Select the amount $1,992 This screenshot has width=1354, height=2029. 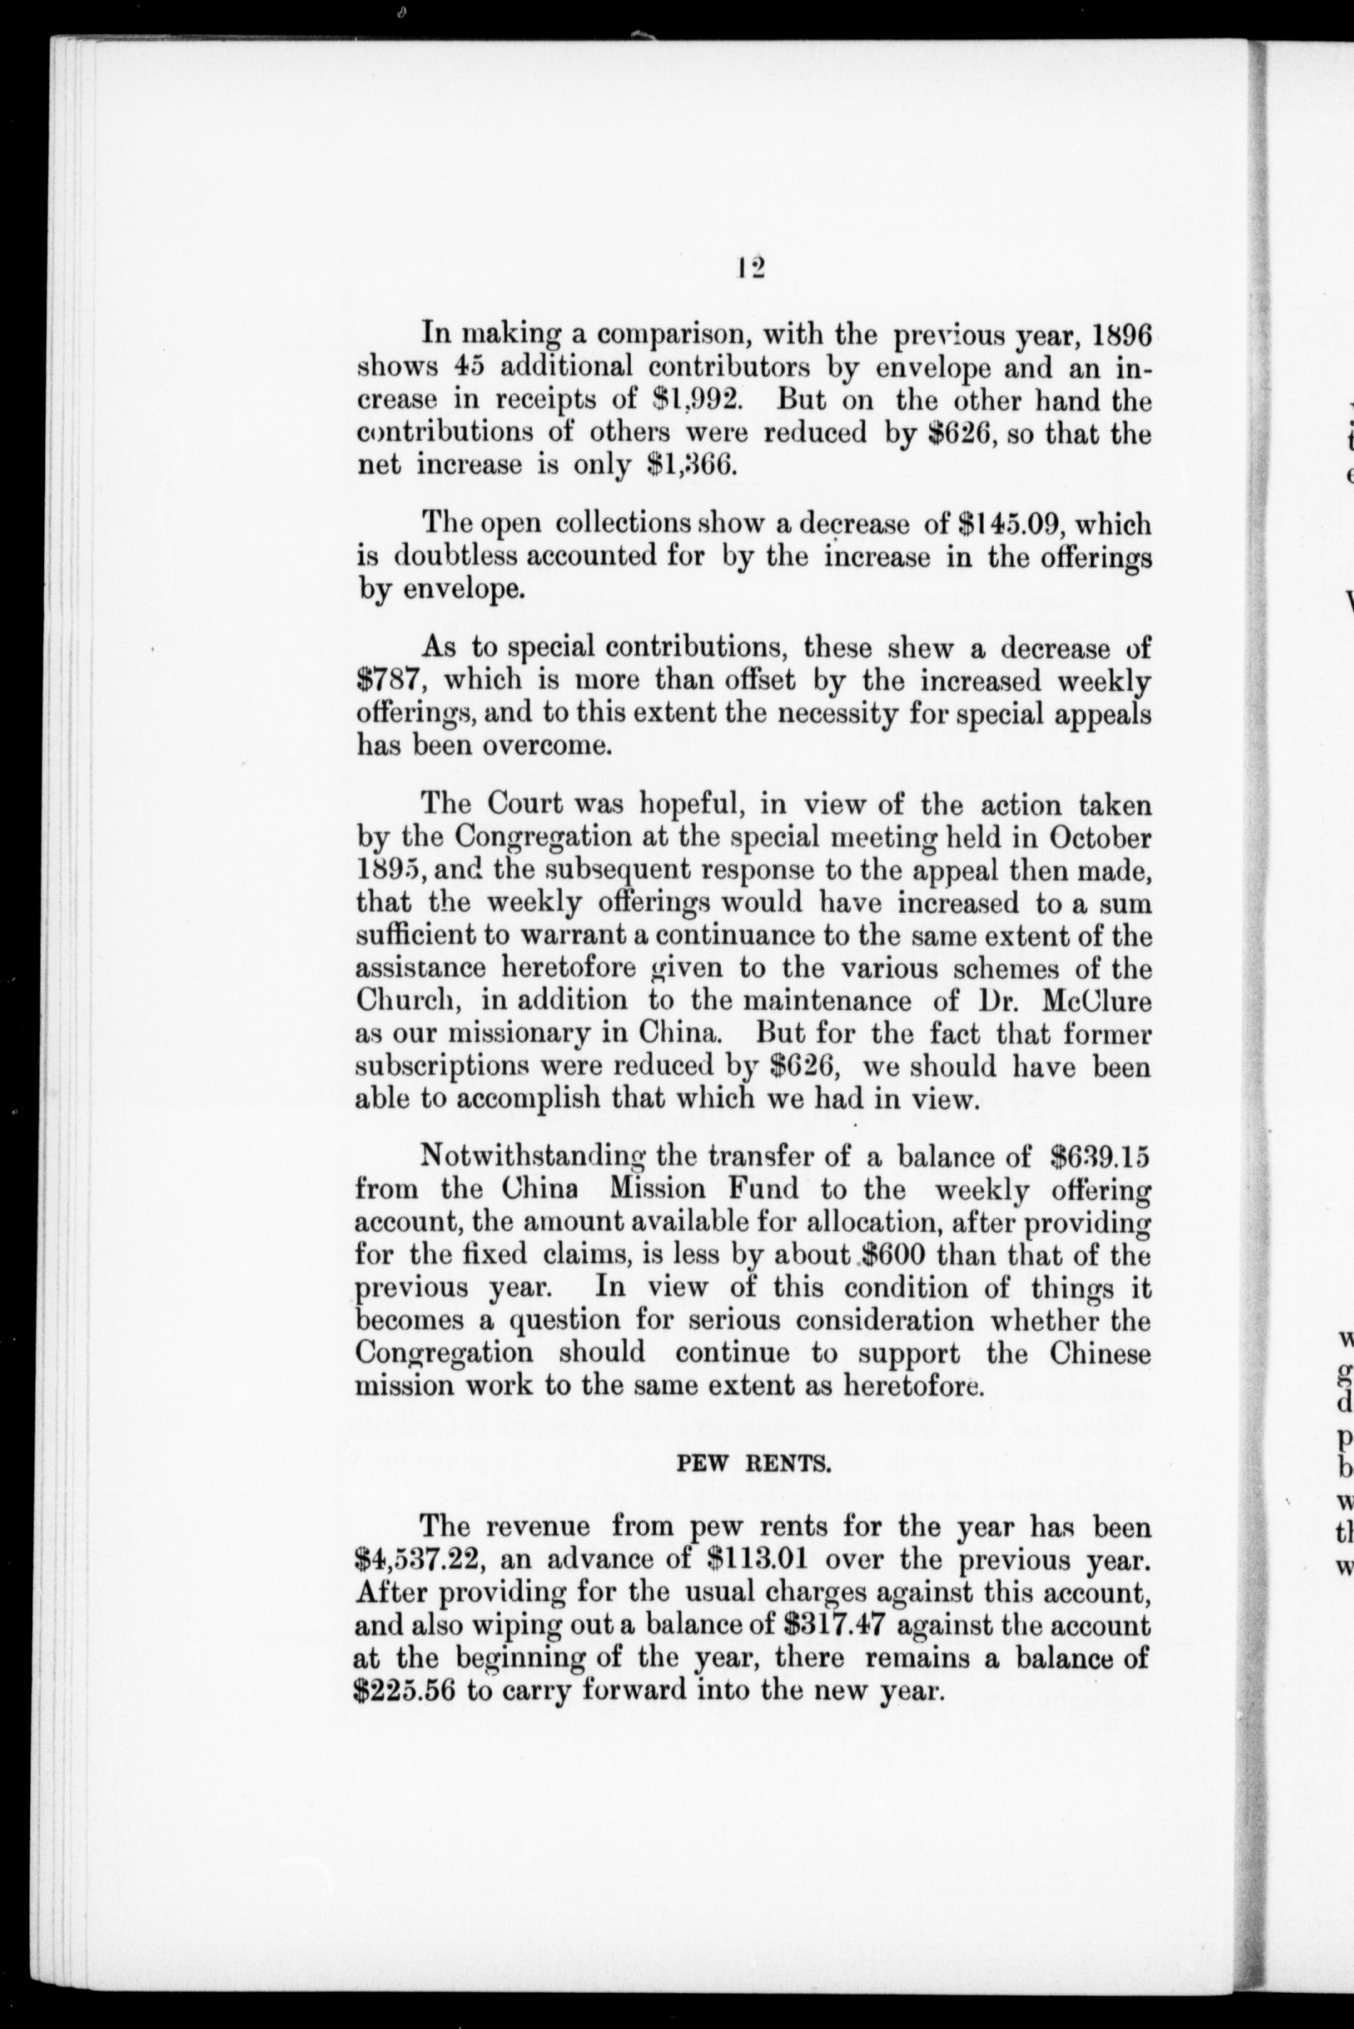(x=690, y=401)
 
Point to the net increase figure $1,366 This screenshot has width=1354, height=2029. (x=690, y=466)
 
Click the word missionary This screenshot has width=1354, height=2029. (x=526, y=1035)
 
